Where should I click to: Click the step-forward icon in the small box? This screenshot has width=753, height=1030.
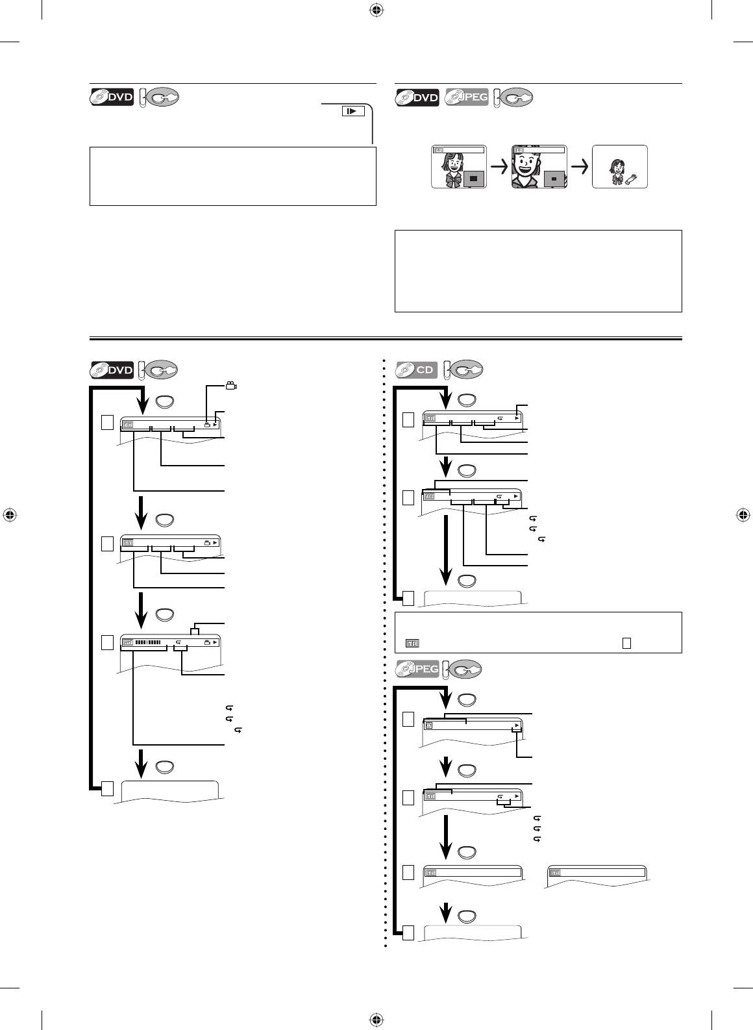click(351, 111)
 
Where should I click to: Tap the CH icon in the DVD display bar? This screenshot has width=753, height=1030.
click(128, 425)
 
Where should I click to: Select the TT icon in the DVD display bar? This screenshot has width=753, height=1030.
click(128, 542)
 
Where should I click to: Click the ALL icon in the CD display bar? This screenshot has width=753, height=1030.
click(430, 497)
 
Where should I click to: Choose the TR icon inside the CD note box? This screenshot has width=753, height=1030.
click(412, 643)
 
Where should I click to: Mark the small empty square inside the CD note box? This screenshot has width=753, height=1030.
click(626, 643)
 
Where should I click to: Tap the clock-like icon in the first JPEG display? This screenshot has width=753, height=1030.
click(429, 725)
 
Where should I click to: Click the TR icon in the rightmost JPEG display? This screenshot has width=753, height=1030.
click(555, 873)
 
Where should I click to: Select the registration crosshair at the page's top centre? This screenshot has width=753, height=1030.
click(376, 10)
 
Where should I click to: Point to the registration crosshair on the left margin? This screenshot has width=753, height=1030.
click(10, 514)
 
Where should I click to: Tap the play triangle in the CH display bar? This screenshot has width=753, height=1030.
click(216, 425)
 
